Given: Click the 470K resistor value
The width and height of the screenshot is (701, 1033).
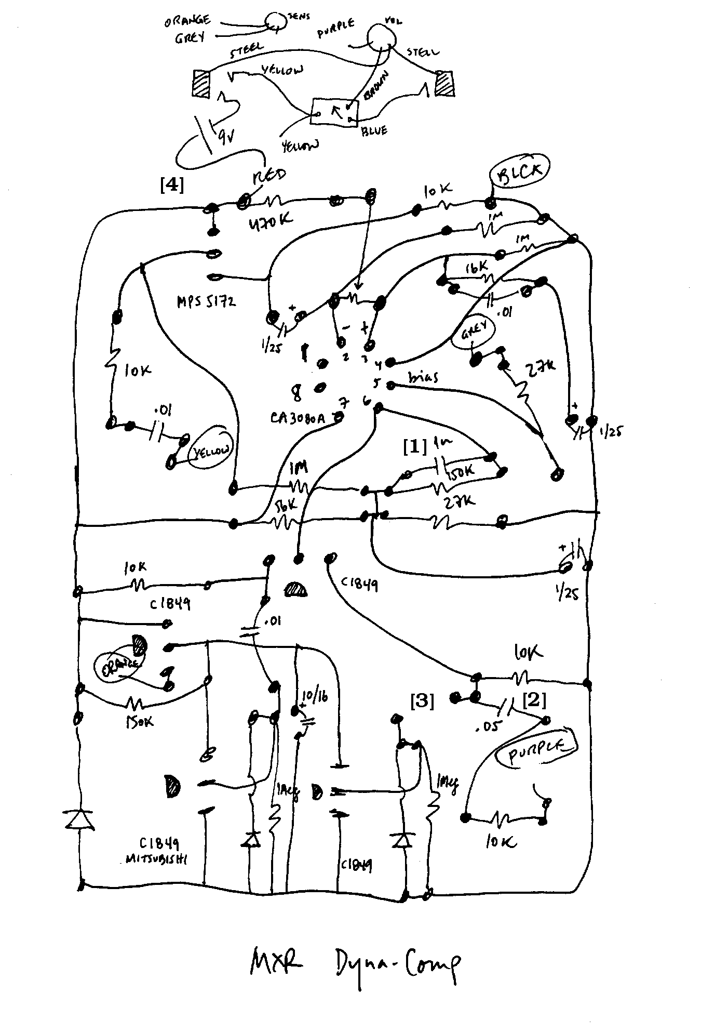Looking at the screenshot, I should [x=269, y=221].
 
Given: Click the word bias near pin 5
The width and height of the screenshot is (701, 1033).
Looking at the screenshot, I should [x=423, y=377].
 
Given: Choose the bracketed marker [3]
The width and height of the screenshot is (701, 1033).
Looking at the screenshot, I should [x=422, y=701].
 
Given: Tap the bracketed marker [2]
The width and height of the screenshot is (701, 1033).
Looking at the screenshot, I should [x=534, y=700].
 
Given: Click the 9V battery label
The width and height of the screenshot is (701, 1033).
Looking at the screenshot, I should [x=225, y=137].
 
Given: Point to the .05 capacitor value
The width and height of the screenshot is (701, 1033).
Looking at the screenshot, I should [x=486, y=726].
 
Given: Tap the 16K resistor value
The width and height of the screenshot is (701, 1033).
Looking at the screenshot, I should [x=476, y=268].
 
